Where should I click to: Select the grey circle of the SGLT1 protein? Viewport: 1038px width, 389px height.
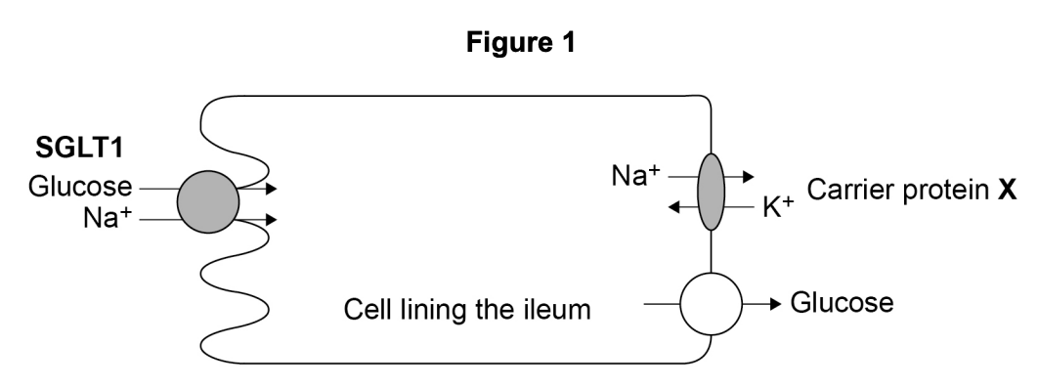[x=207, y=202]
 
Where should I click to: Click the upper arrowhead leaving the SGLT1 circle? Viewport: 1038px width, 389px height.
[x=270, y=188]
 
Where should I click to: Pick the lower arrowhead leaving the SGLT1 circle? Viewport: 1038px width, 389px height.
[x=270, y=221]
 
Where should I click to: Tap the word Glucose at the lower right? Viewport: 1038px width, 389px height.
[x=843, y=304]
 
